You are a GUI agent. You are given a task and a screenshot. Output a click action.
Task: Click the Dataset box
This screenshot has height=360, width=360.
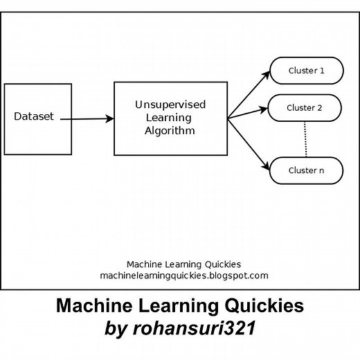38,138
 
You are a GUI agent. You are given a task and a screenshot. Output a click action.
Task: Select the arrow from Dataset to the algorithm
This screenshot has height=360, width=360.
87,119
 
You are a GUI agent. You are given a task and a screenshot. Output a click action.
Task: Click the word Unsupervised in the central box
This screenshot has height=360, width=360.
170,105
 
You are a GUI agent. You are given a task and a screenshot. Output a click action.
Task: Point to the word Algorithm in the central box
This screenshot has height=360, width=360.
170,129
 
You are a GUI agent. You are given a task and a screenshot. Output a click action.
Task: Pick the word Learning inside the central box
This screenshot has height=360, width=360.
170,117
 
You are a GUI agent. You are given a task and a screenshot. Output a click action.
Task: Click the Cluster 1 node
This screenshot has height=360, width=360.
305,71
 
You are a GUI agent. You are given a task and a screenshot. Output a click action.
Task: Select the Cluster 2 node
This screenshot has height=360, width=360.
305,108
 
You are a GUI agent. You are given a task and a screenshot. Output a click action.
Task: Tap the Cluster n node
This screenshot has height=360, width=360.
305,170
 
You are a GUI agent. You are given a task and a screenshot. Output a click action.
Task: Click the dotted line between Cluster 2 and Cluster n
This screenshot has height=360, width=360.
305,138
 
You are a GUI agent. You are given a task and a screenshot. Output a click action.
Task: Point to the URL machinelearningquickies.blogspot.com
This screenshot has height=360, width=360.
183,276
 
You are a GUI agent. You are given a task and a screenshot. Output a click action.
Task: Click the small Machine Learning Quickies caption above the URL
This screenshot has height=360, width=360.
183,264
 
